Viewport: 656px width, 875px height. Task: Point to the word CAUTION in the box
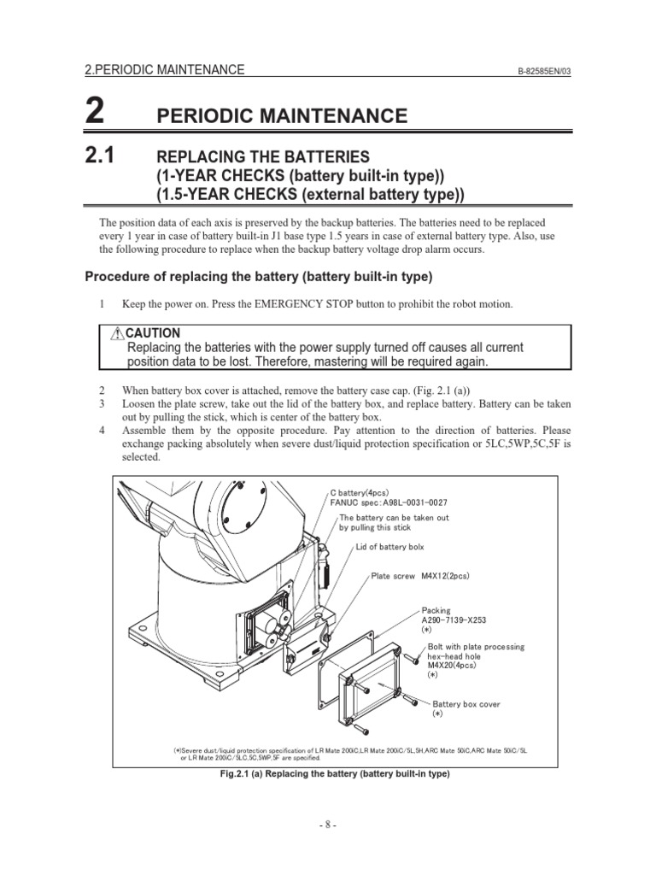pos(154,332)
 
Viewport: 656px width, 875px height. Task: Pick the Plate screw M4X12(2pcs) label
pos(419,576)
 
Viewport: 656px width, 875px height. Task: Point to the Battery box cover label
pos(466,704)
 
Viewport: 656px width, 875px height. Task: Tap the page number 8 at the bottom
pos(328,825)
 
